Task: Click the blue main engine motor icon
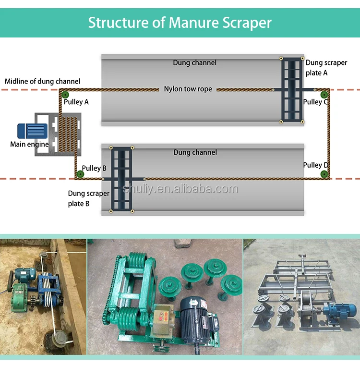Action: (x=32, y=132)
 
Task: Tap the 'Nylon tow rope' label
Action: (x=188, y=89)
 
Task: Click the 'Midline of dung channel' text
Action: (x=42, y=81)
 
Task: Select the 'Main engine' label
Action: (x=29, y=144)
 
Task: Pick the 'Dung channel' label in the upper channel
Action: (x=194, y=63)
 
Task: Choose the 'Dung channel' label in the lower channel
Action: (x=195, y=152)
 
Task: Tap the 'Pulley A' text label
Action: (x=76, y=102)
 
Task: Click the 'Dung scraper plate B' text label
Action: (x=88, y=198)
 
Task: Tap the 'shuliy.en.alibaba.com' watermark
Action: (x=180, y=189)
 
